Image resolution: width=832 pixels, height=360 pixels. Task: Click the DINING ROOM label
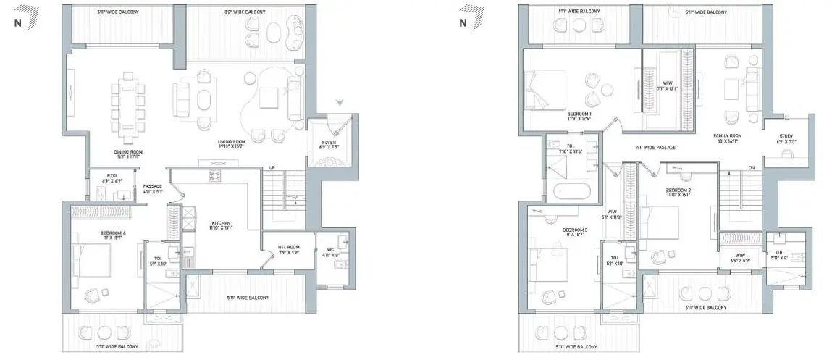(126, 152)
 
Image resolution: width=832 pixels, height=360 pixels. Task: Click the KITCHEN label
(221, 224)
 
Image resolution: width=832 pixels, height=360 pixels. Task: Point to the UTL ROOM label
(288, 249)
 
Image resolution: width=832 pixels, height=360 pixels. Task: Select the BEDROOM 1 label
(579, 114)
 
